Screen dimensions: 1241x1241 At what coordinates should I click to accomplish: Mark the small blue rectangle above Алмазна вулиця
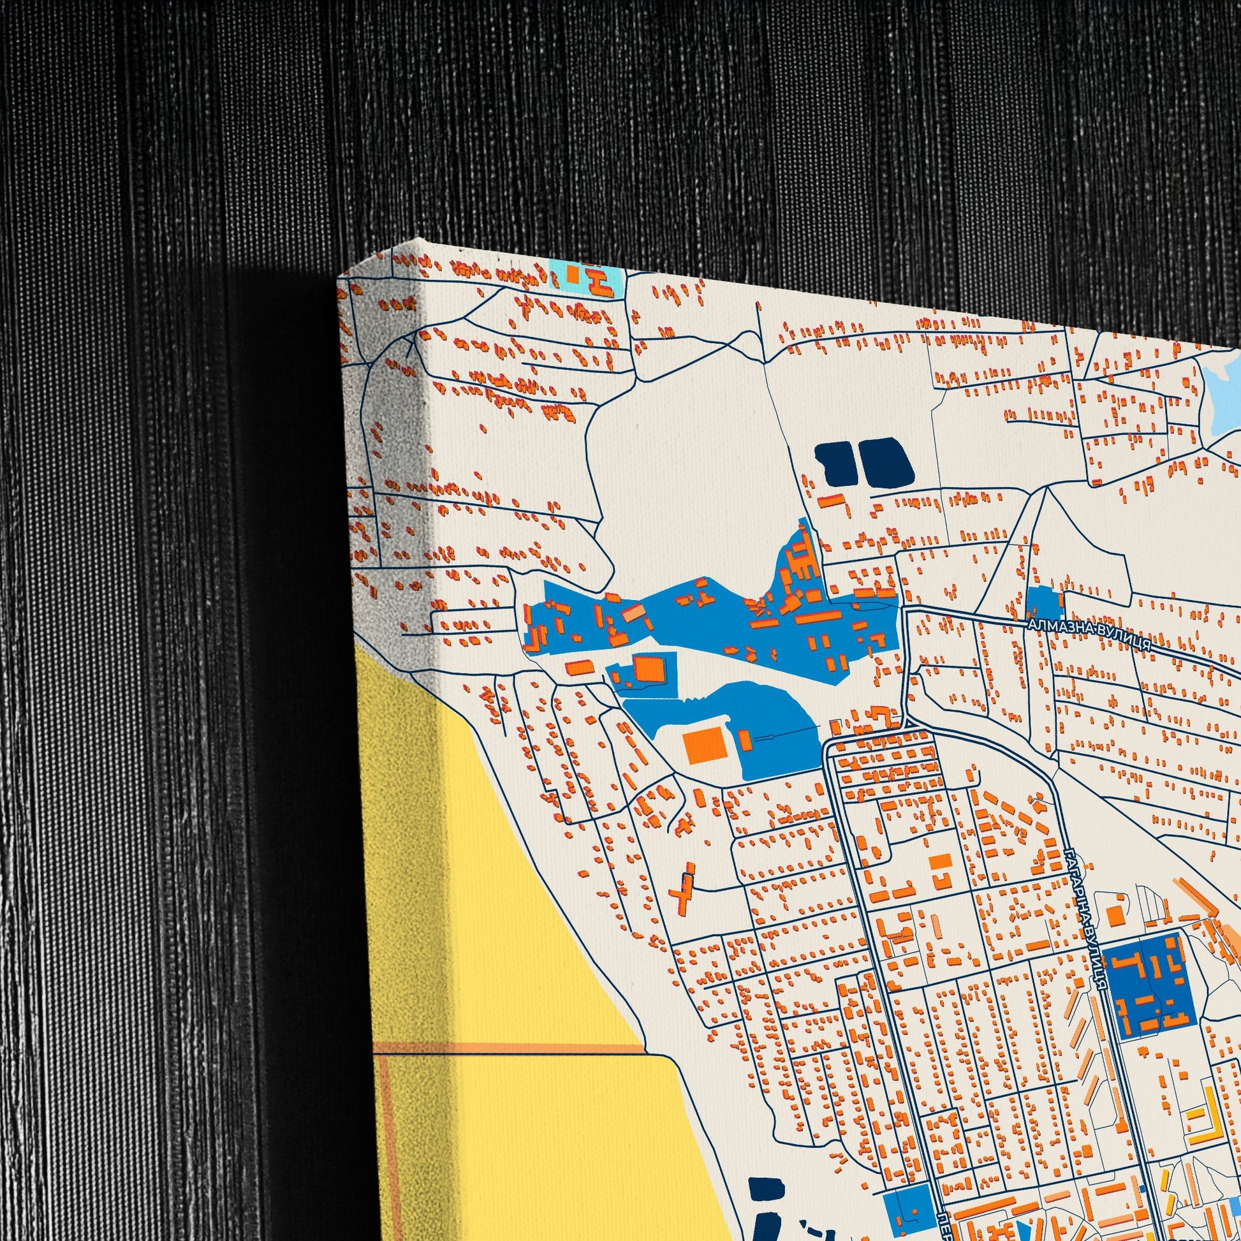point(1043,604)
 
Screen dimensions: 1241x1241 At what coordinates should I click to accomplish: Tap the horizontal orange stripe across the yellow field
point(508,1049)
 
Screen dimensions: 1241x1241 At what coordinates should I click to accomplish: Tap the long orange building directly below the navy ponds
point(830,501)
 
